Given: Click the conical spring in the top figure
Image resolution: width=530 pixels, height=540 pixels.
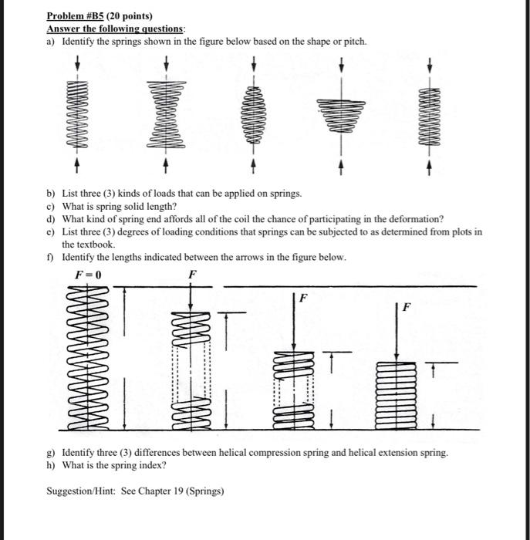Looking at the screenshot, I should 340,116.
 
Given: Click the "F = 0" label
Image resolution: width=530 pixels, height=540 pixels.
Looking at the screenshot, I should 88,275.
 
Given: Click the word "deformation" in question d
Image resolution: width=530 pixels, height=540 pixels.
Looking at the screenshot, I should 414,219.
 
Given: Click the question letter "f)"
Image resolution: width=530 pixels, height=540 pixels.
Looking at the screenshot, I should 51,257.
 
